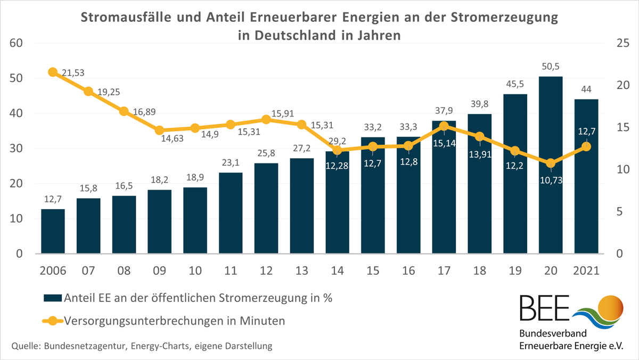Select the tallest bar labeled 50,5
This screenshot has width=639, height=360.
551,165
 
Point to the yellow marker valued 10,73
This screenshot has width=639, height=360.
551,163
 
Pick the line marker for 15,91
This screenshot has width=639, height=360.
266,120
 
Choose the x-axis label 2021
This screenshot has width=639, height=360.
586,270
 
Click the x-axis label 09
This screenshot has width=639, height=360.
159,270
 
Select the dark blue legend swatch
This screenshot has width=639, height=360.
52,298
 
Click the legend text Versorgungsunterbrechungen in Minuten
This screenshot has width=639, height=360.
174,321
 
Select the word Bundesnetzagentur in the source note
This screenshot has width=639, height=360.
85,346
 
